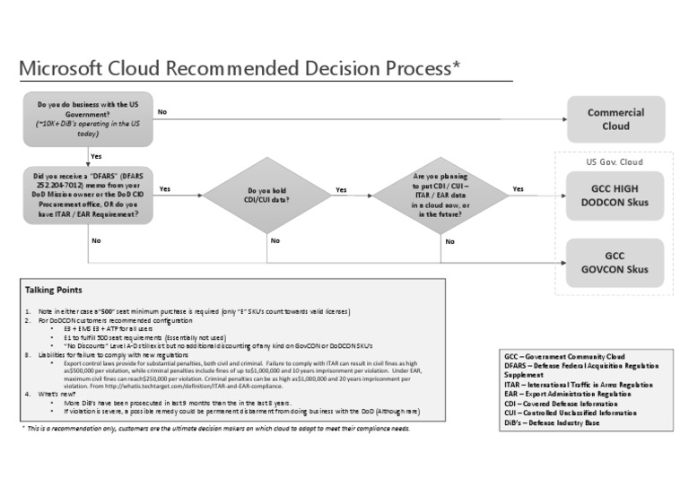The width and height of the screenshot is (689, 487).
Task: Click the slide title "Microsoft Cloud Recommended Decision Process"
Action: [x=241, y=69]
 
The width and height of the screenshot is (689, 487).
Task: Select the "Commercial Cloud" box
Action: [x=615, y=119]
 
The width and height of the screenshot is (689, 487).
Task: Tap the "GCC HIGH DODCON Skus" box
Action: [x=615, y=196]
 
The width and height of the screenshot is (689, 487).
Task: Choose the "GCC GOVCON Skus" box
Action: [x=615, y=262]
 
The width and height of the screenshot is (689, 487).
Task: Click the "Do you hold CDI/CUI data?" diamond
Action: [x=268, y=196]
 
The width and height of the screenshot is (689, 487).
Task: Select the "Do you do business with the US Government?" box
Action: [x=88, y=119]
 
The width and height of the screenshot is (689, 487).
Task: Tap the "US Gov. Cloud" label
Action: [x=615, y=162]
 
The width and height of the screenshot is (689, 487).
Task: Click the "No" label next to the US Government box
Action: [x=162, y=112]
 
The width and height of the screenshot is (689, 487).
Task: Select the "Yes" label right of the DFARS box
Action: [x=165, y=189]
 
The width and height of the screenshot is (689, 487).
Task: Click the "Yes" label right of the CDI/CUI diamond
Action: [x=341, y=189]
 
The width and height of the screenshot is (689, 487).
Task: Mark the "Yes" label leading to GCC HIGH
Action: [x=519, y=189]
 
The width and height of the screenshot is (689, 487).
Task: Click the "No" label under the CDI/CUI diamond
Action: [x=275, y=240]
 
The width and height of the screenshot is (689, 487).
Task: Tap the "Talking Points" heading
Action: [x=53, y=291]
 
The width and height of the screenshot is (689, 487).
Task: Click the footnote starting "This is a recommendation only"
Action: [x=215, y=429]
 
